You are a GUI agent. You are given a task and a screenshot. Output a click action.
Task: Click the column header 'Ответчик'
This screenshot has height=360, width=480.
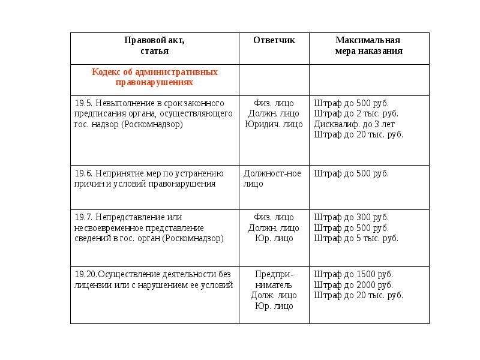point(274,41)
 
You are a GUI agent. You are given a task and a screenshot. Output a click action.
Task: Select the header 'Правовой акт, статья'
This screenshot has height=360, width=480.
point(154,46)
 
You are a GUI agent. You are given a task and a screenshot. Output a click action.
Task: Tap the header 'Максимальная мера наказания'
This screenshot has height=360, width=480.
point(368,46)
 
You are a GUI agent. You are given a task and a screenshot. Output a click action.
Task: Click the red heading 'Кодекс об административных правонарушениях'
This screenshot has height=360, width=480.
point(154,77)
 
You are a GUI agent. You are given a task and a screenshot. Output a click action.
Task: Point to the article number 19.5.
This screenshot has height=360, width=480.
point(83,103)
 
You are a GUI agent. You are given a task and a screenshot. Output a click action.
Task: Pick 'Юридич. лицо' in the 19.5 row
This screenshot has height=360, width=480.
point(274,125)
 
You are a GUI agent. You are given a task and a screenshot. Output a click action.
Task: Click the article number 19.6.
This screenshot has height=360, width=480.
point(83,174)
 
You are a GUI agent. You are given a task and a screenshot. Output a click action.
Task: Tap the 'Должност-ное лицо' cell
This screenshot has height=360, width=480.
point(272,179)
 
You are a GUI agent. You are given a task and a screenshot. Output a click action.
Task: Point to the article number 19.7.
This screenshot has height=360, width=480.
point(83,217)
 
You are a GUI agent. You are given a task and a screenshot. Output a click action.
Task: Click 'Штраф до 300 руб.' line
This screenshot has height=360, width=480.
point(351,217)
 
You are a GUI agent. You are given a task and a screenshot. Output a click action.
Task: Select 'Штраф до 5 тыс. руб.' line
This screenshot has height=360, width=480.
point(356,238)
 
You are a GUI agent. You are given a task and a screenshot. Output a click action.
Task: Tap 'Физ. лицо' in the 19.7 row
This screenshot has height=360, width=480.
point(274,217)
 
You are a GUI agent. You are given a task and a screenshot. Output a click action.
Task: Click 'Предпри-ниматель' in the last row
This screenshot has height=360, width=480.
point(274,280)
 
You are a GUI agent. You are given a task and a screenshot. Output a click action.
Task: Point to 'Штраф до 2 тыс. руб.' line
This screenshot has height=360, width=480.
point(356,113)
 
